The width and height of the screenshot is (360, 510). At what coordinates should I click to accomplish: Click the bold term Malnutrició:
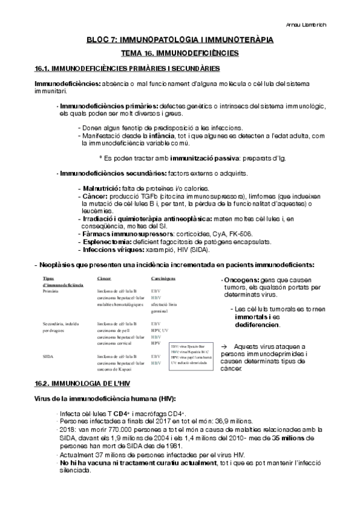(x=99, y=188)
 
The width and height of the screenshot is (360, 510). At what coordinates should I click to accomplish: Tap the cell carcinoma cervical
(x=117, y=343)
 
